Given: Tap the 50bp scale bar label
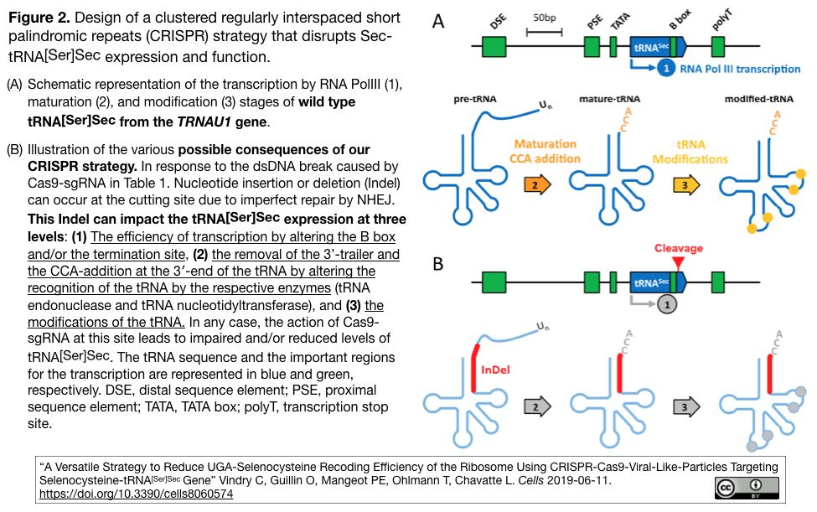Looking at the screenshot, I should (544, 18).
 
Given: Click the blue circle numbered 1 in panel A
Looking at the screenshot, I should (664, 70).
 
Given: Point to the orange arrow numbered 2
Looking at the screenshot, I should (538, 184).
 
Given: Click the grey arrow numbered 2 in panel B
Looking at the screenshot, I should (538, 408).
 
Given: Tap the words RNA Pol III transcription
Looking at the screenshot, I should (740, 70).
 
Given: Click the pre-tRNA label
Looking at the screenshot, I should (473, 100).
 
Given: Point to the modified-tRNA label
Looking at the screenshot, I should (759, 100).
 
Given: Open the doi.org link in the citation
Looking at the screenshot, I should (137, 494).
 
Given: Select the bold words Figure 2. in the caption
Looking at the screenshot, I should (39, 18).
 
